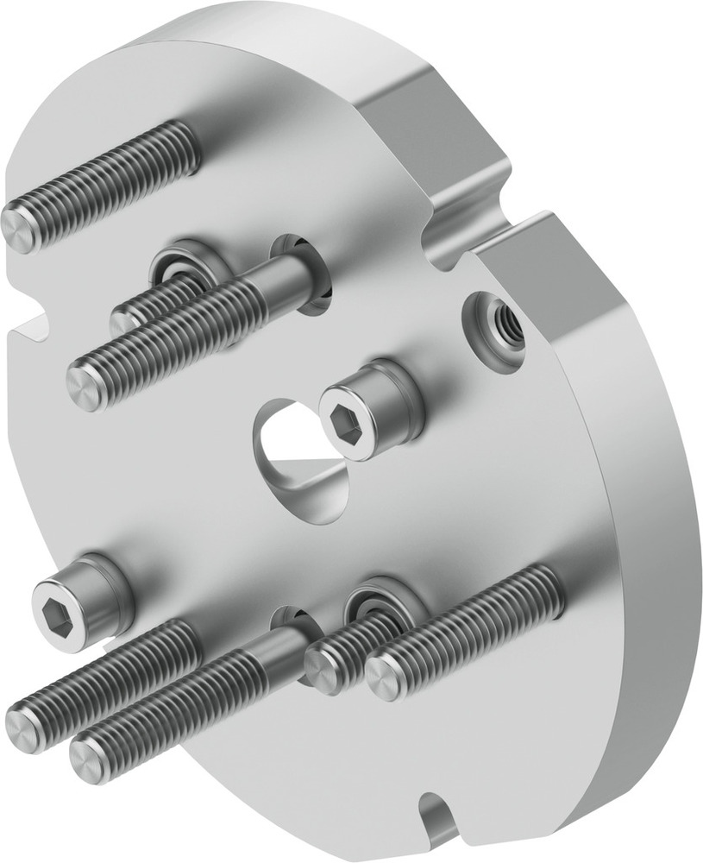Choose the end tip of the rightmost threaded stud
pyautogui.click(x=385, y=678)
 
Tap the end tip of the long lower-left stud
pyautogui.click(x=25, y=717)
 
